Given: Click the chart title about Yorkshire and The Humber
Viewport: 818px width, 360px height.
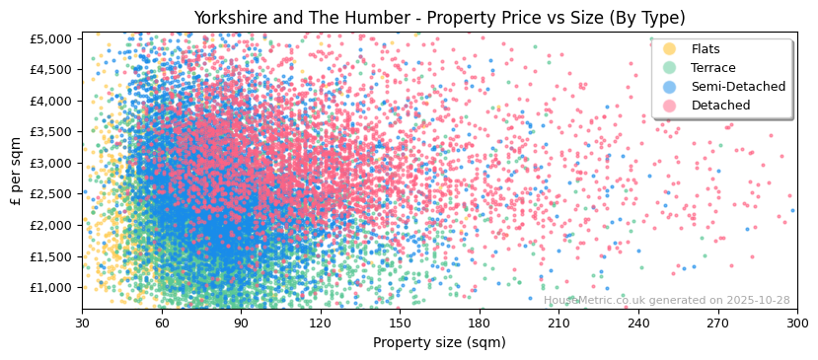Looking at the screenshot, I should (x=439, y=18).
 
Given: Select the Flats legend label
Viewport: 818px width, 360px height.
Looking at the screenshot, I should (x=706, y=49).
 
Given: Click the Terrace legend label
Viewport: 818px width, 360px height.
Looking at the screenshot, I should (x=712, y=68).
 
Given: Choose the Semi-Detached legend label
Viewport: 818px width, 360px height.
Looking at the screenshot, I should (x=738, y=87).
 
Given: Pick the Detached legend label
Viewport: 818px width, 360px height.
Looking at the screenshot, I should (x=720, y=106).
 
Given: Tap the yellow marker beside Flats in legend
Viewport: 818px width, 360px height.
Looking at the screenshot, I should (x=670, y=49).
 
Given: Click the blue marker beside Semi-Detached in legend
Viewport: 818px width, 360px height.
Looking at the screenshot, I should (x=670, y=87).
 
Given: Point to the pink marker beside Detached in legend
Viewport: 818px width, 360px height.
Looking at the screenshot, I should (x=670, y=106).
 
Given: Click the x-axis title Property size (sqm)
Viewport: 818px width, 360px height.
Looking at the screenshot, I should (x=439, y=343).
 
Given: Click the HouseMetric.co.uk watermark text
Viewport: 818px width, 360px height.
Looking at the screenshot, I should (x=667, y=300).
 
